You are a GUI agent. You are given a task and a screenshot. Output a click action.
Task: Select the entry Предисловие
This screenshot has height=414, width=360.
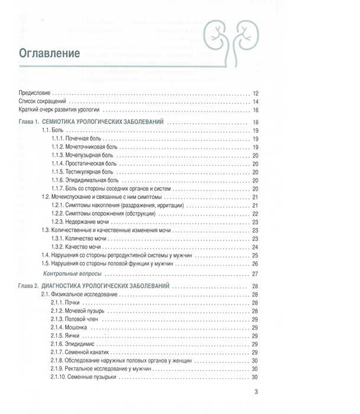35,93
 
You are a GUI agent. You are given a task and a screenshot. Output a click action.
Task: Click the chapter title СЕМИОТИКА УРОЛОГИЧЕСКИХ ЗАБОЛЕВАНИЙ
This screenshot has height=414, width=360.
105,122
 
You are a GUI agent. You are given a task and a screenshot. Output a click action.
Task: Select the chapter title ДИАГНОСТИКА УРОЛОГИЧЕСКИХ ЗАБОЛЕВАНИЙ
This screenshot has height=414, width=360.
109,286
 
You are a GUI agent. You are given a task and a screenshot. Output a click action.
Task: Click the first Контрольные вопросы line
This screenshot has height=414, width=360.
73,274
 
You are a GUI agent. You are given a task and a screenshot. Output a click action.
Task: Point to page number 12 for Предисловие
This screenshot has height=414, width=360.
256,93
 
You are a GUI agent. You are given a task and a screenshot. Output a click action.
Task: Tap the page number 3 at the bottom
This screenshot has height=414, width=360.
256,391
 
